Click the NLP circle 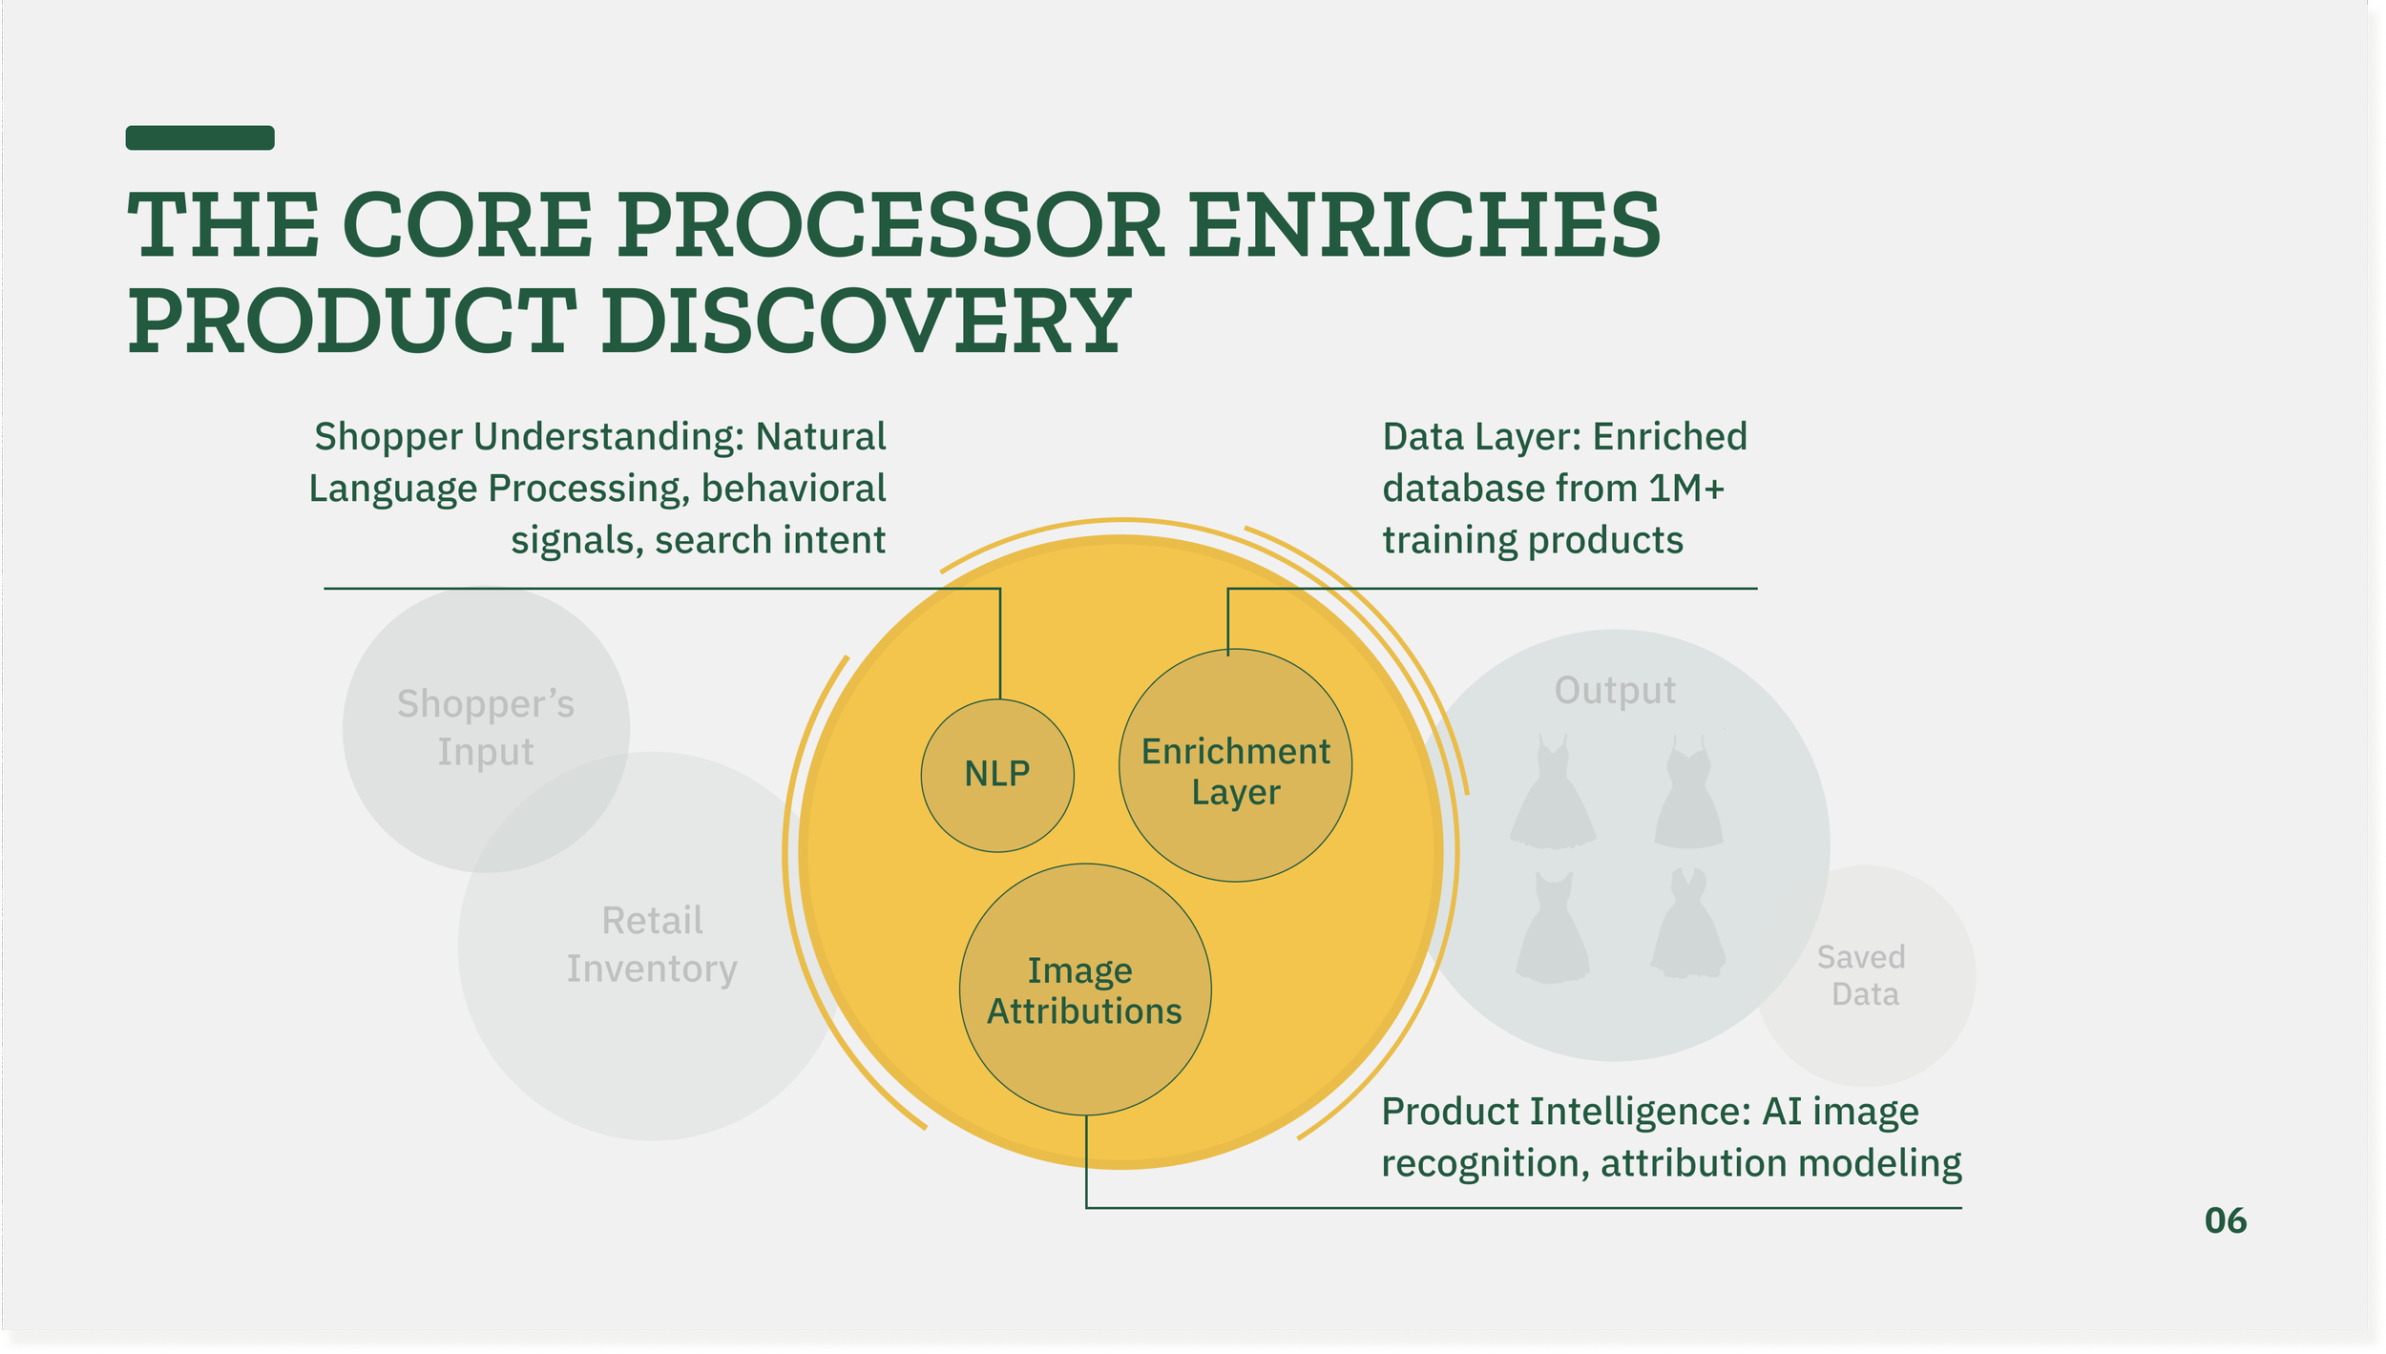pos(997,775)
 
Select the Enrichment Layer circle pos(1235,766)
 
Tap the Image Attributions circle pos(1085,989)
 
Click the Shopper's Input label pos(486,728)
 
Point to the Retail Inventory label pos(652,945)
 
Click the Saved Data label pos(1864,975)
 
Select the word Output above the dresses pos(1615,690)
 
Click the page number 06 pos(2225,1220)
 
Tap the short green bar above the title pos(200,137)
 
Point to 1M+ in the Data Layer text pos(1686,489)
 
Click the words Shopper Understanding pos(528,437)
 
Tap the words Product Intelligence pos(1565,1112)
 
